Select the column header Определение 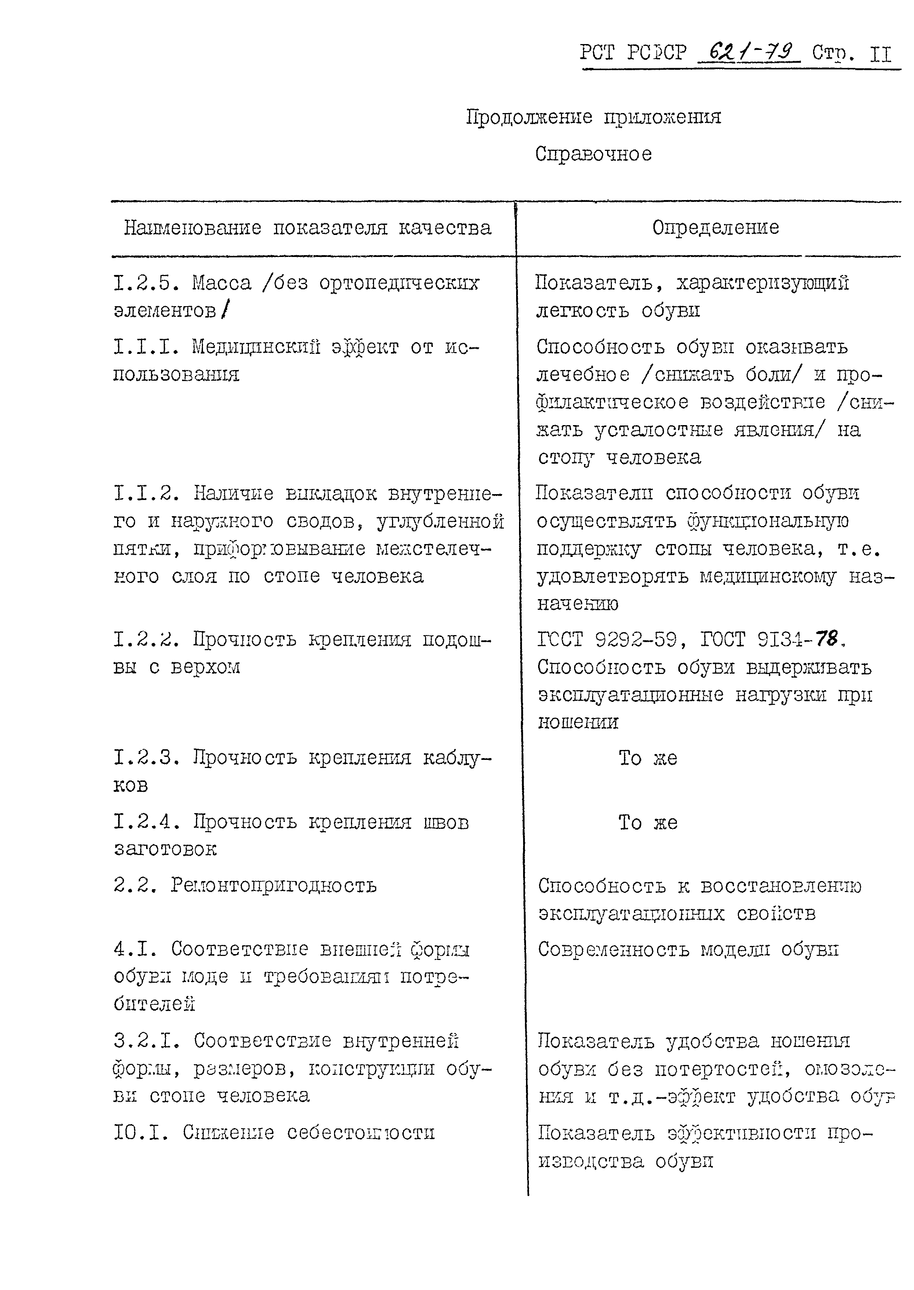tap(715, 227)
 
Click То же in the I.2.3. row tap(648, 758)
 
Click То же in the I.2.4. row tap(648, 822)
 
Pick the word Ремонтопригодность tap(273, 885)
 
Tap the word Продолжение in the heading tap(529, 117)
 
